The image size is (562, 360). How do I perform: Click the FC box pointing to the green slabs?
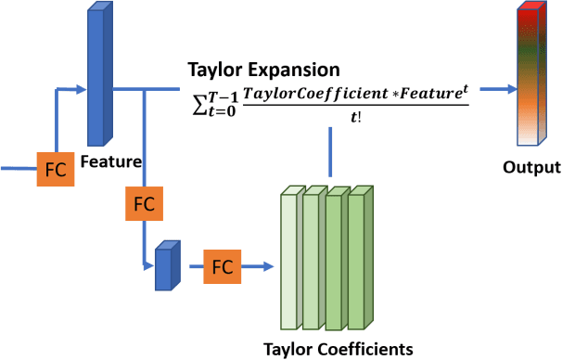pos(222,266)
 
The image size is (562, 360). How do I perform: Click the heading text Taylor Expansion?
pos(263,70)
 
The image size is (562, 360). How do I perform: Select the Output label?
pos(531,168)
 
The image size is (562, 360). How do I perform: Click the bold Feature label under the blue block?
pos(110,161)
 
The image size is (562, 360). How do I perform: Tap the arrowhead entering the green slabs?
pos(271,266)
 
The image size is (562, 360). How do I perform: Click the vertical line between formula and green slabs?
pos(329,153)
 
